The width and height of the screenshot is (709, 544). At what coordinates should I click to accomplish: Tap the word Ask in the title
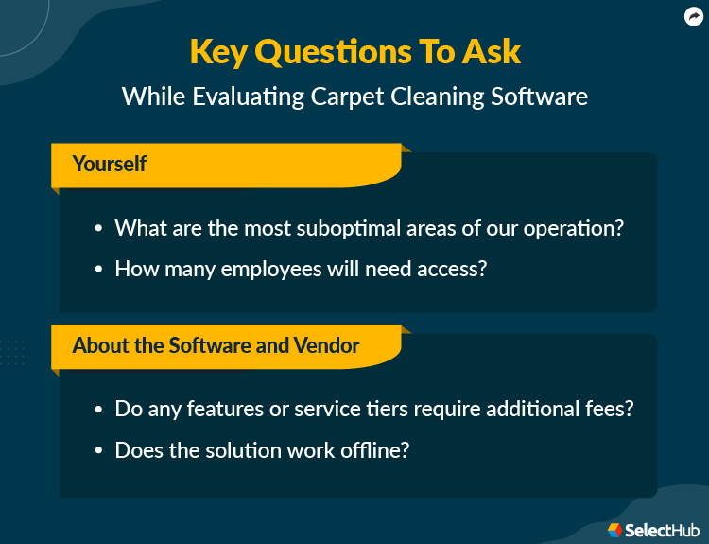491,52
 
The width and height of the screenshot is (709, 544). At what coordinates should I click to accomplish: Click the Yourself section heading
110,164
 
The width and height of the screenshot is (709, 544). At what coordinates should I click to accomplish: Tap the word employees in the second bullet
276,269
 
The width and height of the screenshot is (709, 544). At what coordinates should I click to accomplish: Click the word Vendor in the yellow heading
327,345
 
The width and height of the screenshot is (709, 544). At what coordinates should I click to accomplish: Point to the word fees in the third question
610,410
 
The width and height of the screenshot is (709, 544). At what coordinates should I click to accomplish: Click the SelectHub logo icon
615,530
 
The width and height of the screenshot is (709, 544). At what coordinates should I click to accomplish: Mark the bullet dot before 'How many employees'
99,270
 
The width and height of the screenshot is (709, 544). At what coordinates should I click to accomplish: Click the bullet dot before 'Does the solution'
99,451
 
